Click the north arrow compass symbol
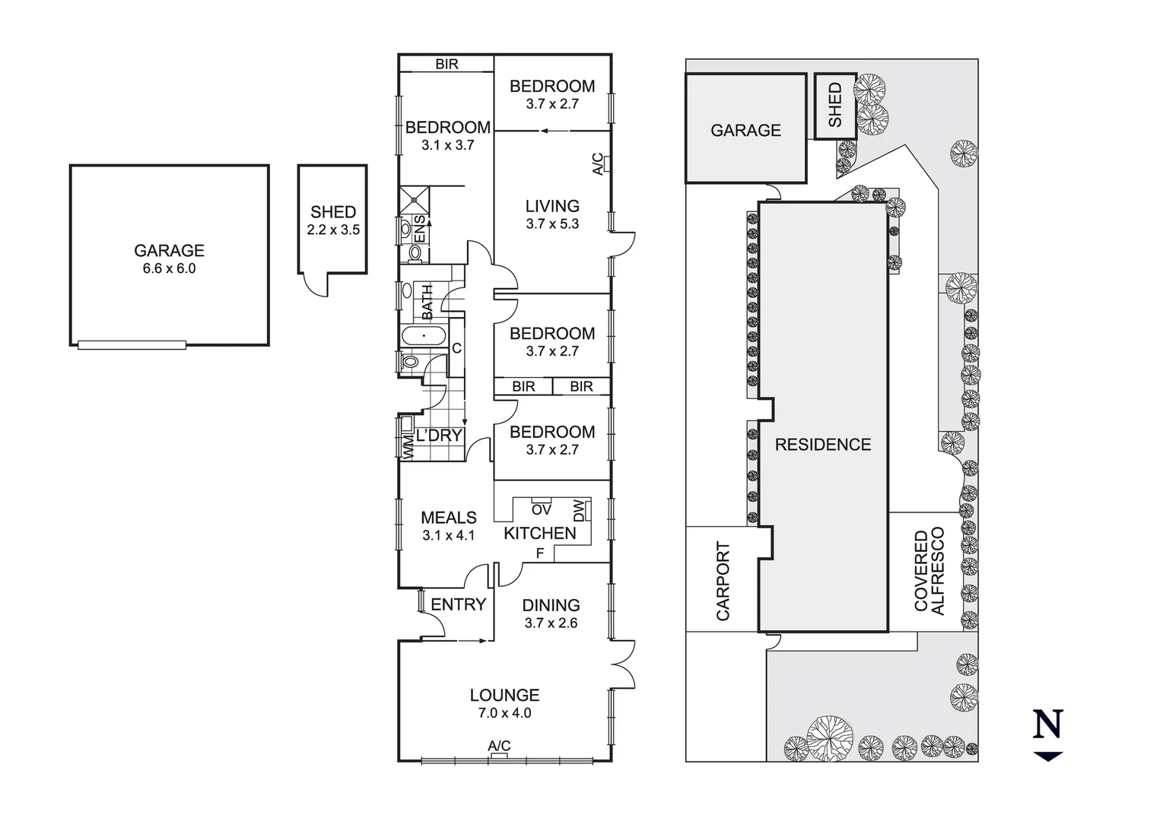pos(1047,734)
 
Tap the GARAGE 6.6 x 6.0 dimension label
pos(169,258)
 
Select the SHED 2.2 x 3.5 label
pos(333,220)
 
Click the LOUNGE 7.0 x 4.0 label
pos(504,703)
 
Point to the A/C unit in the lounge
pos(499,756)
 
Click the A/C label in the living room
pos(598,164)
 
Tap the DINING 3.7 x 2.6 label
pos(551,613)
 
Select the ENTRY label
pos(458,604)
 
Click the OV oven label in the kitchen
pos(541,509)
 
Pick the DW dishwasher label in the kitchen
pos(580,510)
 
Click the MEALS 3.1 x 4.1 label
pos(448,525)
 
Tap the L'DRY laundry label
pos(439,436)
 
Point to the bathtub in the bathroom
pos(423,335)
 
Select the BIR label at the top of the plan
pos(447,65)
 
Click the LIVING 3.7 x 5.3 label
pos(552,214)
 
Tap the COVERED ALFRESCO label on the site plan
pos(929,571)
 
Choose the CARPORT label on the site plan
pos(722,581)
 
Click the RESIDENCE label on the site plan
pos(822,445)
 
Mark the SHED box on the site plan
pos(835,106)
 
